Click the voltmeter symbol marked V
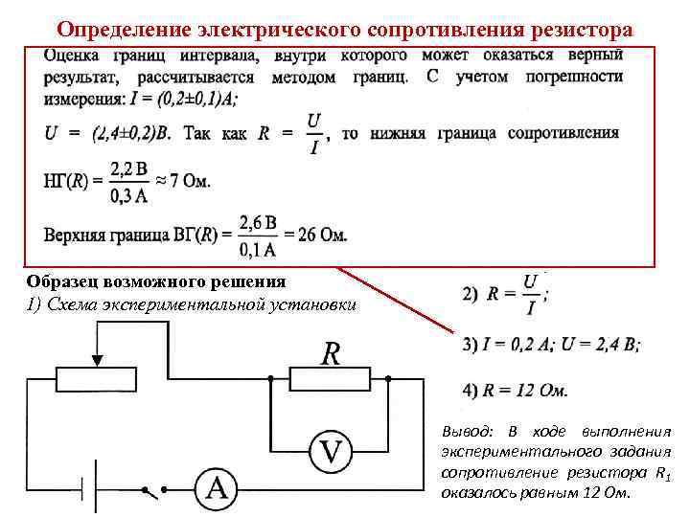coord(332,449)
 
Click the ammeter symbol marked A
coord(218,489)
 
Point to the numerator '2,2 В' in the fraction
coord(127,169)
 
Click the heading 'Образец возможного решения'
coord(156,281)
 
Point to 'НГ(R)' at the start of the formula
coord(66,180)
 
